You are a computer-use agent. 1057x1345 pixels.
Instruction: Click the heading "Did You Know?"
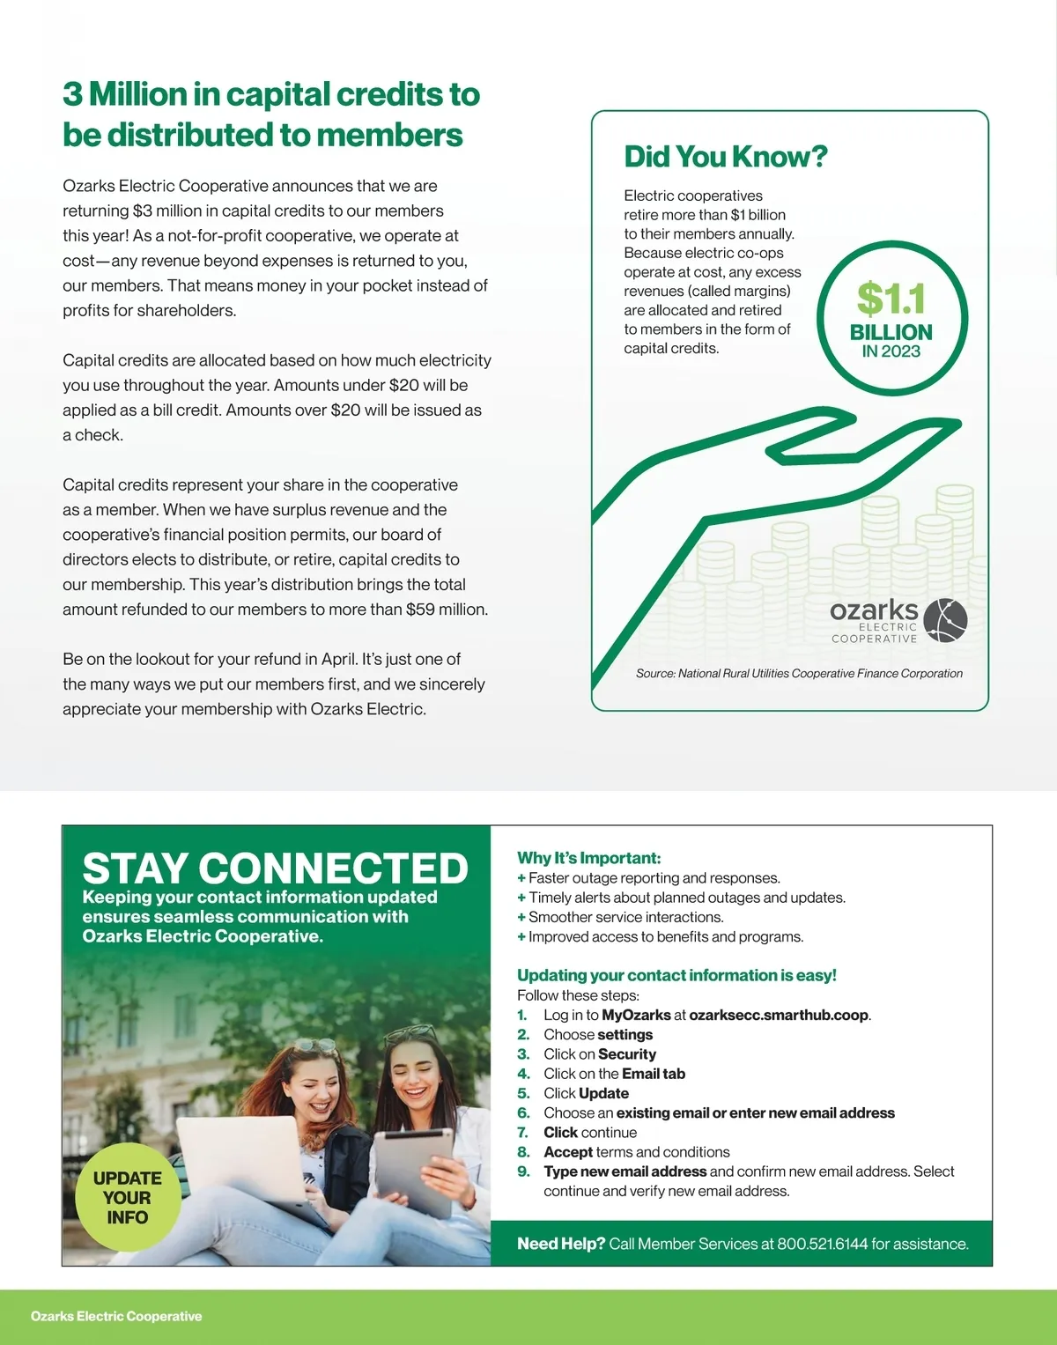[x=726, y=157]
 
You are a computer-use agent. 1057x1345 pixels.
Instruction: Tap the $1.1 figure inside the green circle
[x=891, y=299]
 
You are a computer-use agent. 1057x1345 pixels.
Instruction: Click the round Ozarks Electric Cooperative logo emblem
[x=945, y=619]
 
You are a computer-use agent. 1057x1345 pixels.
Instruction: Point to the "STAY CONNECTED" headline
[x=275, y=868]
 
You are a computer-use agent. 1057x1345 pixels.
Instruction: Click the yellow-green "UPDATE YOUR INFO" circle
[x=128, y=1197]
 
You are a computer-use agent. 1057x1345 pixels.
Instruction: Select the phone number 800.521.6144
[x=822, y=1244]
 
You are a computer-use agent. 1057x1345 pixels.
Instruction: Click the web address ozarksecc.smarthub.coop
[x=779, y=1015]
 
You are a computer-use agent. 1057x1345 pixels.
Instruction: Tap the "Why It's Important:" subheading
[x=588, y=858]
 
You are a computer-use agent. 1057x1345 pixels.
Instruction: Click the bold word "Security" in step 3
[x=626, y=1054]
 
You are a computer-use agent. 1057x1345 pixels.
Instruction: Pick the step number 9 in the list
[x=523, y=1171]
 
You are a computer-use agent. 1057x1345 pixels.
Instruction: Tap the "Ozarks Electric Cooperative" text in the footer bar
[x=116, y=1316]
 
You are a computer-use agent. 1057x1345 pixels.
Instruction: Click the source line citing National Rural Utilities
[x=799, y=673]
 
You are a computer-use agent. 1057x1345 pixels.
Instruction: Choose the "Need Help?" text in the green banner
[x=561, y=1244]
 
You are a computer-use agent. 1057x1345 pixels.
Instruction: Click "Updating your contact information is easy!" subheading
[x=676, y=975]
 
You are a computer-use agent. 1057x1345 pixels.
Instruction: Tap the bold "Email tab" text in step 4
[x=653, y=1074]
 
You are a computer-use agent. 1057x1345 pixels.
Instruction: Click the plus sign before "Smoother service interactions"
[x=521, y=917]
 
